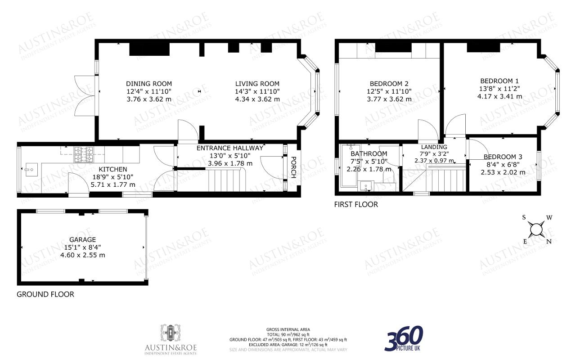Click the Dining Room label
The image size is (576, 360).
point(149,84)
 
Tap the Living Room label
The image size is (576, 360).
point(257,84)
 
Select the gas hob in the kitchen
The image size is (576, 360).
point(84,154)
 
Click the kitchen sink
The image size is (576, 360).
point(31,170)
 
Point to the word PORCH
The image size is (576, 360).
point(293,167)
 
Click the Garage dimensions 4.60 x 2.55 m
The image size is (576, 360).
point(82,255)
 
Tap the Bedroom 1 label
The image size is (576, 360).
point(499,81)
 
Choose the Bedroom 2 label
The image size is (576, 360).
point(389,84)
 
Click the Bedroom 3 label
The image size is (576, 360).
point(503,157)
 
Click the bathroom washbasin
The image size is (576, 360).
point(366,186)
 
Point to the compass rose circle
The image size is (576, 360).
point(536,229)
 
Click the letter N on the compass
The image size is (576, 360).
point(549,242)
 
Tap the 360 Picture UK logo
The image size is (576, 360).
point(404,338)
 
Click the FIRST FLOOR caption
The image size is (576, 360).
point(356,205)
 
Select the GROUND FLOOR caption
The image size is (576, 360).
point(45,294)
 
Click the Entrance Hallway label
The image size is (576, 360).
point(230,148)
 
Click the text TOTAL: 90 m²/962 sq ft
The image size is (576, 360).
point(288,334)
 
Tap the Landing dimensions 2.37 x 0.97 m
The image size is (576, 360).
point(434,161)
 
